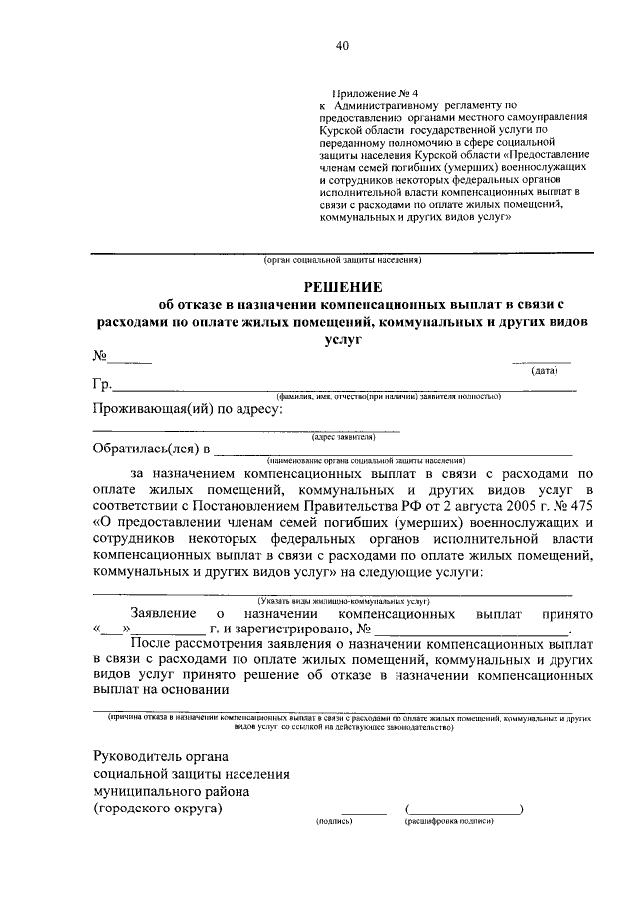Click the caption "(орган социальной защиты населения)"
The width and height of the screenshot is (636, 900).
(x=343, y=262)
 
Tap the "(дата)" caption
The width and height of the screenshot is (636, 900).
(x=544, y=371)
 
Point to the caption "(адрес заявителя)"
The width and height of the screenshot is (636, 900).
(x=343, y=436)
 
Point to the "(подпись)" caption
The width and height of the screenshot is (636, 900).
(x=334, y=824)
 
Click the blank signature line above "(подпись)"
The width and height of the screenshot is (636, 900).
(x=363, y=813)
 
